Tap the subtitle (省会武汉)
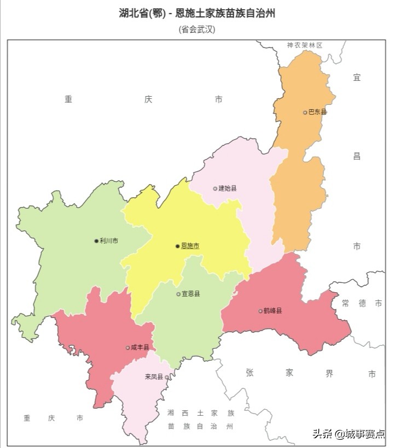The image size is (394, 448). coord(197,30)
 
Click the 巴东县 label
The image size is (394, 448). coord(317,112)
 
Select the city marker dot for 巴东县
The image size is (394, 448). coord(305,113)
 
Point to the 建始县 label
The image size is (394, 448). coord(228,188)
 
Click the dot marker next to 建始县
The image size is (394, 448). coord(215,188)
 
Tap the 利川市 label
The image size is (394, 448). coord(109,240)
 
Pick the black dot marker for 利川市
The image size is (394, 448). coord(96,240)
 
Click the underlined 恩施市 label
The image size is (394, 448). coord(190,246)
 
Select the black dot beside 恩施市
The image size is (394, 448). coord(177,246)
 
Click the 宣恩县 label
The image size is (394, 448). coord(191,294)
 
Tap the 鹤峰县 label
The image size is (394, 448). coord(273,311)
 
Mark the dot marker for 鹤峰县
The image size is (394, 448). coord(260,311)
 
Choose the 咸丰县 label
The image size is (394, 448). coord(140,347)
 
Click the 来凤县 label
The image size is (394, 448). coord(154,376)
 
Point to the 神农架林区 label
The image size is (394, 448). coord(305,45)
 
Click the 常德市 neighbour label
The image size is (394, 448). coord(362,303)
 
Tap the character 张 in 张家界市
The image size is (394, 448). coord(250,373)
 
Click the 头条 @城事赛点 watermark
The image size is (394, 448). coord(349,434)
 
